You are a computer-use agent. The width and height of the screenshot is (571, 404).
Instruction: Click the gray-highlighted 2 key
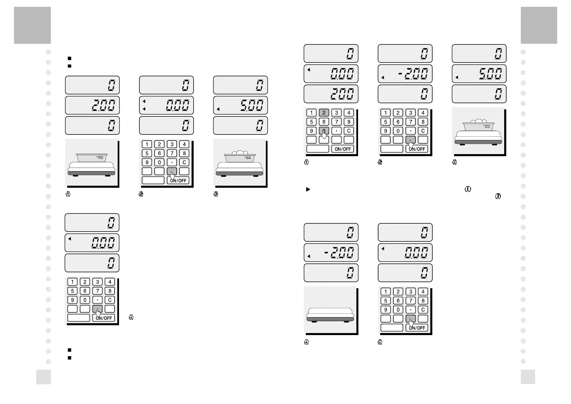324,113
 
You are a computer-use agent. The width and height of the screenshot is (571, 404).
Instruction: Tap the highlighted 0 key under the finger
324,131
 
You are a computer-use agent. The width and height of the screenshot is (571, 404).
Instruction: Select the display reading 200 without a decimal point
331,94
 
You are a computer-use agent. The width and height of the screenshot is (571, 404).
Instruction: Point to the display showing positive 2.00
92,105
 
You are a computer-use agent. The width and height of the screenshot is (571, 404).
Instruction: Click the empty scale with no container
330,314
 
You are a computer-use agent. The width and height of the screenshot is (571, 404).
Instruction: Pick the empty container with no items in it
92,158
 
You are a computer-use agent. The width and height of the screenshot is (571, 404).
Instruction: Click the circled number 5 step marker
380,342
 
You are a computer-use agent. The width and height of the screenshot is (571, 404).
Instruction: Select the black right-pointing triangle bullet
308,189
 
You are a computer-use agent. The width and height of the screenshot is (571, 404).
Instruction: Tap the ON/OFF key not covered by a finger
343,149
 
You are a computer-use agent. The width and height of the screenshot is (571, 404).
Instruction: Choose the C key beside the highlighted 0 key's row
349,131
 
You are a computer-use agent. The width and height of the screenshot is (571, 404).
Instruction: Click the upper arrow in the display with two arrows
144,101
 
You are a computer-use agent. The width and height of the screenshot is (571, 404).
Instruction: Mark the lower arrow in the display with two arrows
144,109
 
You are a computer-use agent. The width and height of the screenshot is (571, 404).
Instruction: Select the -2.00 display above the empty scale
331,252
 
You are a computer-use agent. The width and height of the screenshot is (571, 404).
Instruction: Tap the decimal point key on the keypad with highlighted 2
336,131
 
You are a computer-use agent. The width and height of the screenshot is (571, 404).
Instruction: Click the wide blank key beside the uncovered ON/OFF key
318,149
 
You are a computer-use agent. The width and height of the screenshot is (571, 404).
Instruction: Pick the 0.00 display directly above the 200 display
331,73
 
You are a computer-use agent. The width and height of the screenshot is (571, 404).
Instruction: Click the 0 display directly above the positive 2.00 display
92,85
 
